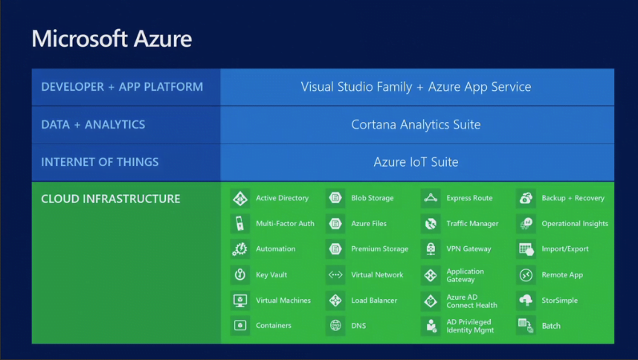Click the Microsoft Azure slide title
pos(112,39)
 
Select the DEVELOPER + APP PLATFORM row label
pos(122,86)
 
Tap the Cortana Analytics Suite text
pos(416,124)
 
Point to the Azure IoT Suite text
pos(416,162)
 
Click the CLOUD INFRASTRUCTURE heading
pos(111,199)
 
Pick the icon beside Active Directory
pos(240,198)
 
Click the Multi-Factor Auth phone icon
pos(240,223)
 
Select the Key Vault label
pos(271,274)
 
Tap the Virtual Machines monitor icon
pos(240,300)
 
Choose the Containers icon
pos(240,326)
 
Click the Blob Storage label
pos(373,198)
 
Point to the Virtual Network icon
pos(335,274)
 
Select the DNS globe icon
pos(335,326)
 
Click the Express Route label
pos(469,198)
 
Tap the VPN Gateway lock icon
pos(431,249)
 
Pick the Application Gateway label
pos(465,275)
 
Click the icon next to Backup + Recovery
pos(526,198)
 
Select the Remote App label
pos(562,275)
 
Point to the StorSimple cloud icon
pos(526,300)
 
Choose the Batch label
pos(551,326)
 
